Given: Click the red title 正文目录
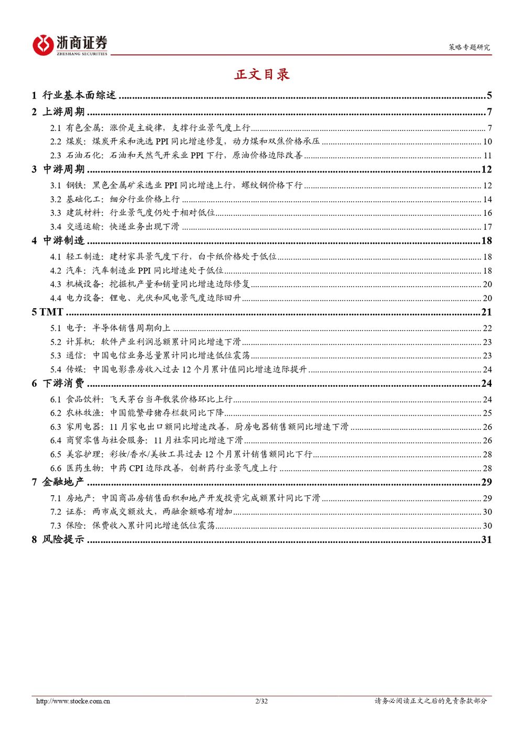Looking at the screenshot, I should tap(261, 74).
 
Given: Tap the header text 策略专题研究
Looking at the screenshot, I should tap(469, 47).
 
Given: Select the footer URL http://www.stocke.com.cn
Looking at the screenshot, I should tap(73, 701).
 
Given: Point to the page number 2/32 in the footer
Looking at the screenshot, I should tap(261, 701).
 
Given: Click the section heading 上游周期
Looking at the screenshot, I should tap(63, 112).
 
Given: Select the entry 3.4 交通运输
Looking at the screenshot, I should tap(115, 227).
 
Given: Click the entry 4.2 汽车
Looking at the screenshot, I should tap(137, 270).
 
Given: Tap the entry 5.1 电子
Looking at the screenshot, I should tap(111, 328).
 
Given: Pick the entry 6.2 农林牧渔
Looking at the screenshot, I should tap(137, 413).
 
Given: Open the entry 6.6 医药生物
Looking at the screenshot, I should tap(163, 468).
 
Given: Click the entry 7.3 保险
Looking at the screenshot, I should tap(133, 526).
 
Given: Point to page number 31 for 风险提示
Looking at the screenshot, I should tap(486, 539).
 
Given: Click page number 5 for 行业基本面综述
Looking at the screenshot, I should tap(489, 95).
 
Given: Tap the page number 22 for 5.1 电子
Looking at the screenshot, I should tap(487, 328).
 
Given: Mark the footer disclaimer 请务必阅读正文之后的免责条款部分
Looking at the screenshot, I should tap(430, 701).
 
